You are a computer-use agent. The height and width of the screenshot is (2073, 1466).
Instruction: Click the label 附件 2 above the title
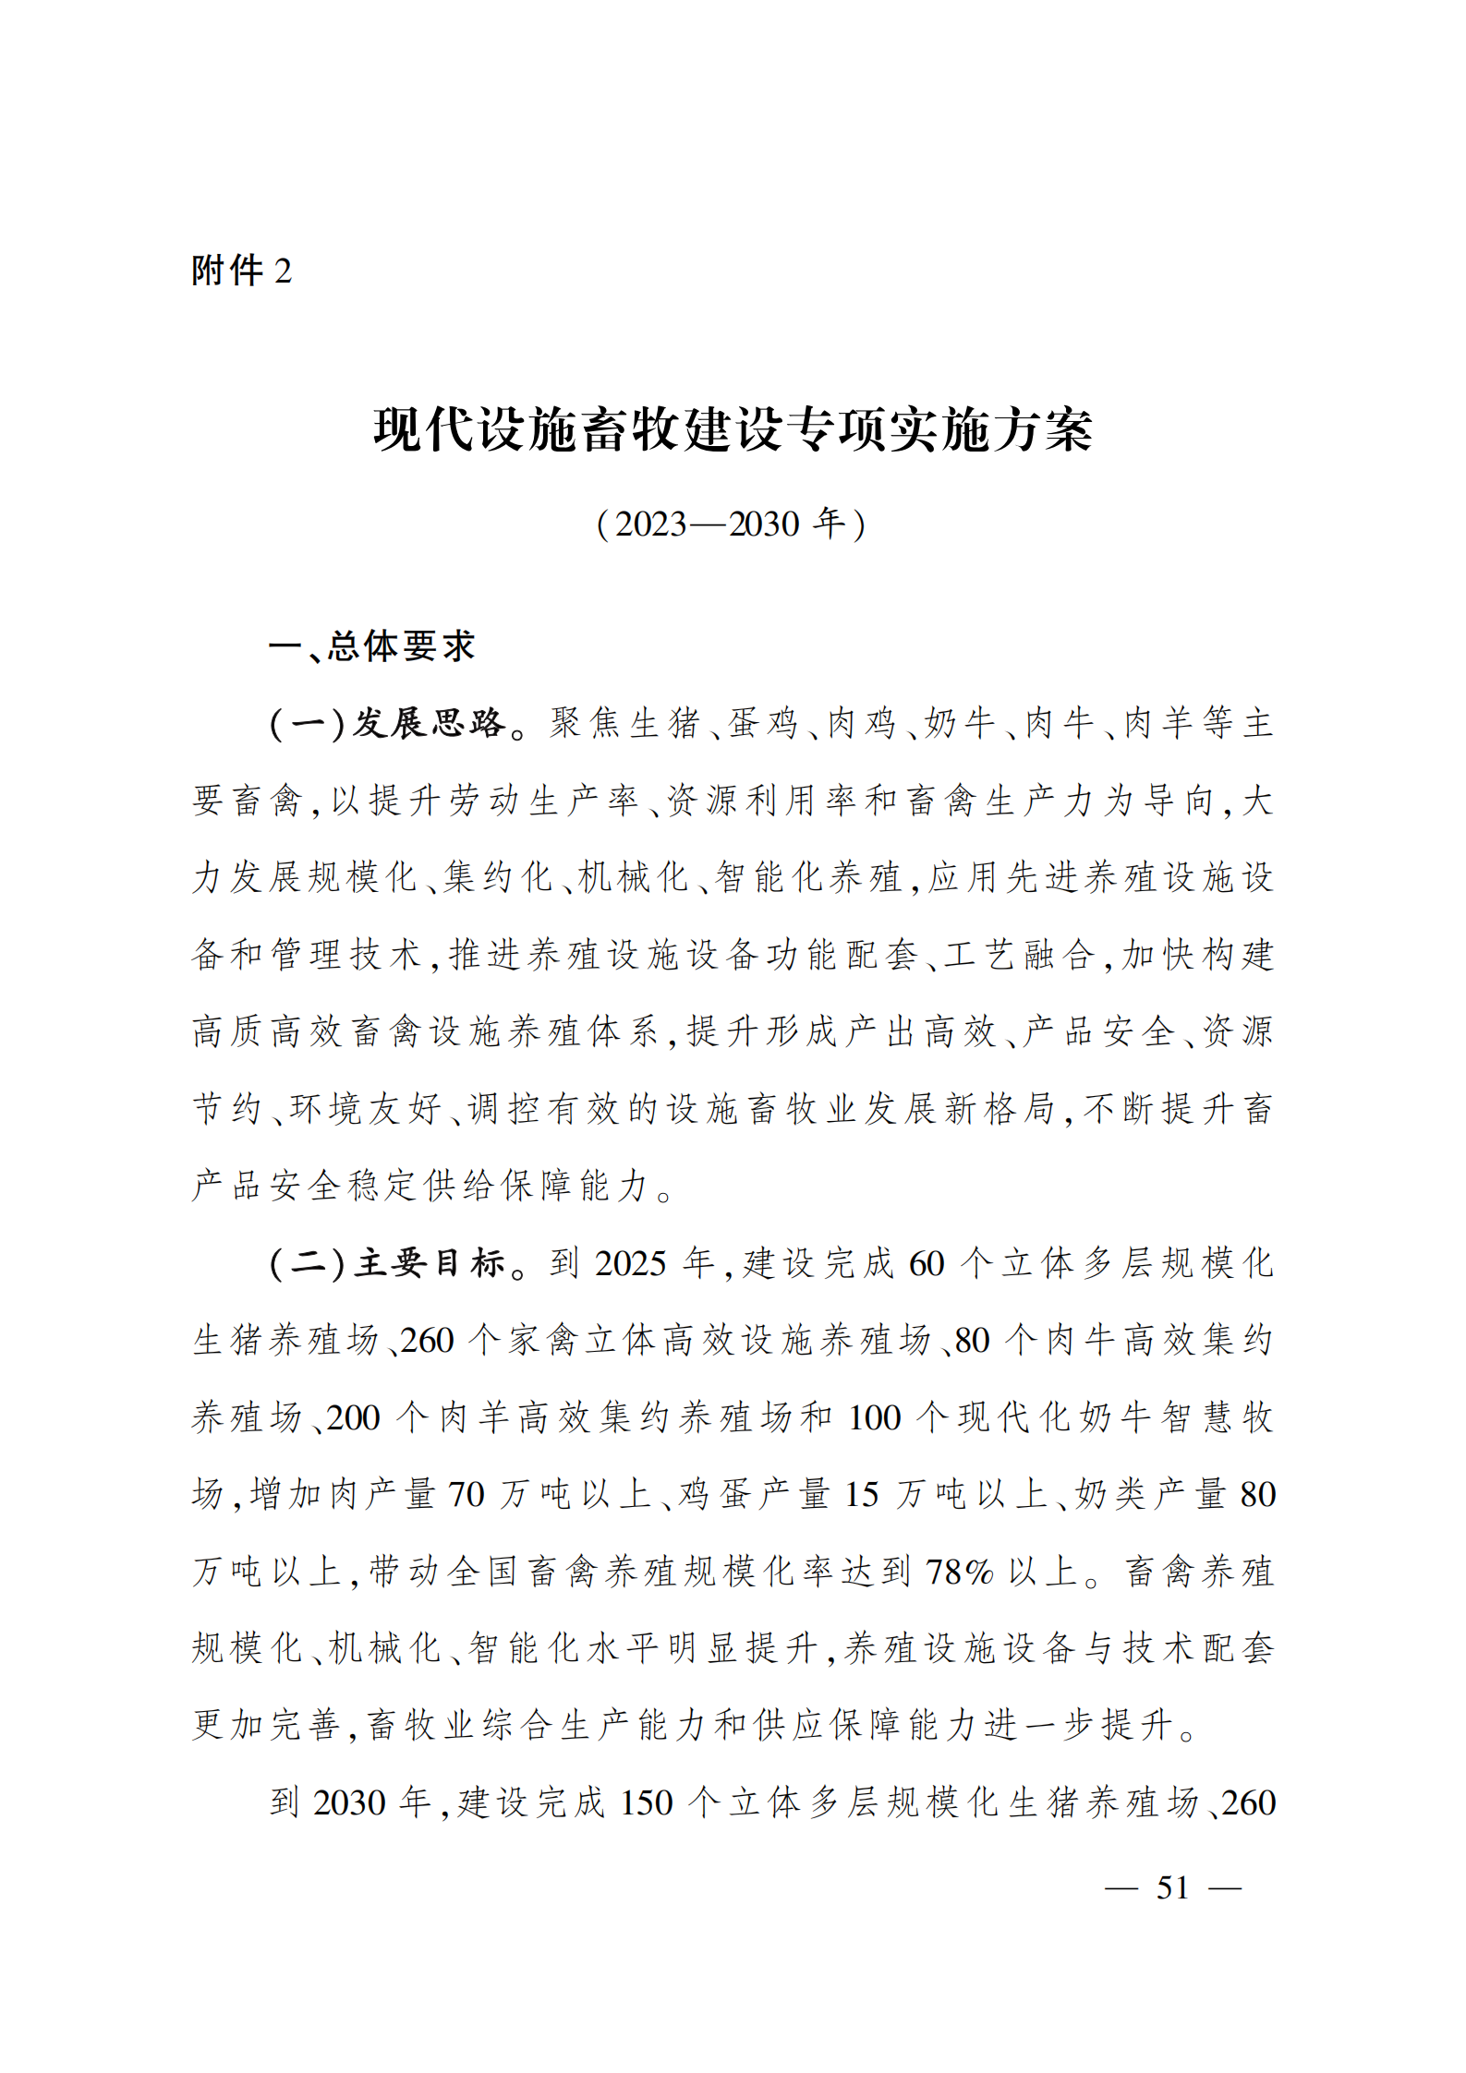click(x=241, y=271)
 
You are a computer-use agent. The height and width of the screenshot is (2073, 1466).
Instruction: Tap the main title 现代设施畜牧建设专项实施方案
click(x=733, y=430)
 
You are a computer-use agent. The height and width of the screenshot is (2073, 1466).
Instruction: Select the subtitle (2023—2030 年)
click(x=732, y=524)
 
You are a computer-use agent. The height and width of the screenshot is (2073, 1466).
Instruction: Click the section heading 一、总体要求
click(x=371, y=646)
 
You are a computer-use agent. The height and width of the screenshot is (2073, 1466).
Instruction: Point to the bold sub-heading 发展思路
click(x=429, y=723)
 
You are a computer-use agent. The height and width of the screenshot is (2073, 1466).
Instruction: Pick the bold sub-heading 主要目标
click(x=429, y=1262)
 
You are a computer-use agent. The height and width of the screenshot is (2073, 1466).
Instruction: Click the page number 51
click(x=1172, y=1887)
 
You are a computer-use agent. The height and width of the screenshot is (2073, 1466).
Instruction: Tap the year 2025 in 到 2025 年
click(x=631, y=1263)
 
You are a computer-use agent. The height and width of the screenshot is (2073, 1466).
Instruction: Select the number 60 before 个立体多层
click(x=927, y=1263)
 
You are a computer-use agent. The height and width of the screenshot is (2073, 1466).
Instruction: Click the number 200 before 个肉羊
click(x=353, y=1417)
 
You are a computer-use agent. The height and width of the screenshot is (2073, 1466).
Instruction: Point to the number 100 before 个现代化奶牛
click(x=874, y=1417)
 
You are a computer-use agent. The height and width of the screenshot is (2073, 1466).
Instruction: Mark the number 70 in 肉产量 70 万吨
click(x=466, y=1494)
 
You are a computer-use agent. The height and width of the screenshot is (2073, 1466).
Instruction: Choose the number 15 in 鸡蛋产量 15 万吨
click(x=861, y=1494)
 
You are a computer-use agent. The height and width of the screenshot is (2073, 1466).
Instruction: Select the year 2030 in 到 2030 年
click(x=349, y=1802)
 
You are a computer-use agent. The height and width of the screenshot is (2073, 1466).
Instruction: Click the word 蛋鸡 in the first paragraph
click(x=762, y=723)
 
